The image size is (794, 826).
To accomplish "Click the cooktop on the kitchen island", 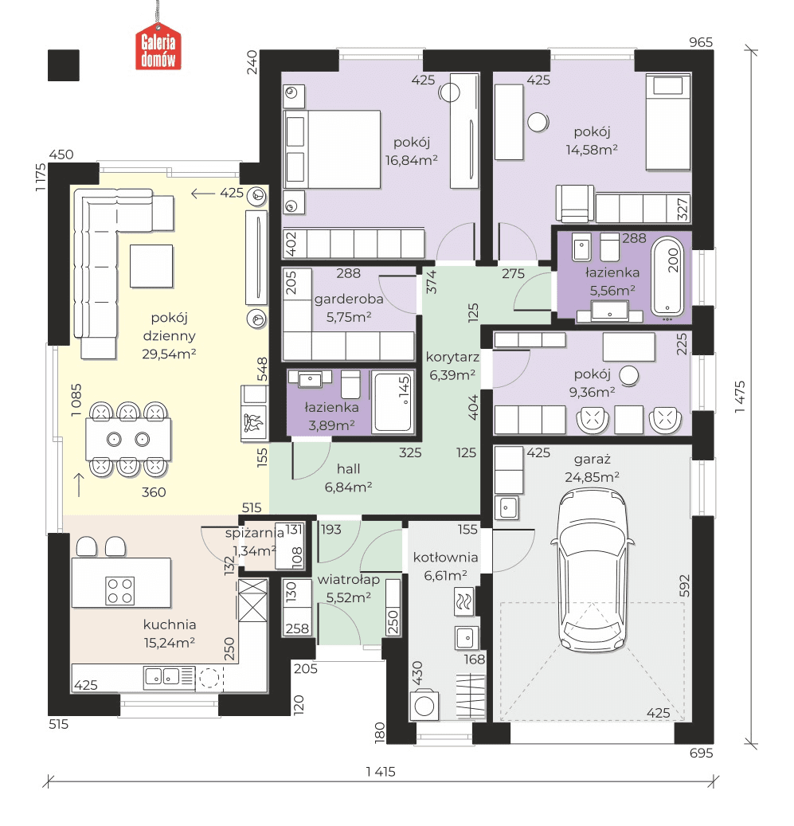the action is (120, 590).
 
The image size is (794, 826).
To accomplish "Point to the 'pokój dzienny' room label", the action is (169, 327).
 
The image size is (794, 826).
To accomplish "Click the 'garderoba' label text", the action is (349, 299).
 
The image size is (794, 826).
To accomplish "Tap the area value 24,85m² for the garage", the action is (592, 477).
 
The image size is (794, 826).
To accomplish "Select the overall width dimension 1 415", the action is (381, 772).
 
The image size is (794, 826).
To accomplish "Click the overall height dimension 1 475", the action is (740, 396).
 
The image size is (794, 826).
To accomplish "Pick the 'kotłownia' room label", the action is (445, 558).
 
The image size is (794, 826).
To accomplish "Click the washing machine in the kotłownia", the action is (424, 705).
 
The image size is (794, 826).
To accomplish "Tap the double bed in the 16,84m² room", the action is (332, 150).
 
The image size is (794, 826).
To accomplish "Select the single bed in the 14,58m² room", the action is (667, 122).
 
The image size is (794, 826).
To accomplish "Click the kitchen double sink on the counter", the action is (162, 677).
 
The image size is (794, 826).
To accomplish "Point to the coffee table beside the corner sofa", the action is (151, 266).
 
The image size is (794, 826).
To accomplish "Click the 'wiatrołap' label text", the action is (349, 580).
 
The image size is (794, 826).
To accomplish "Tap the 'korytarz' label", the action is (452, 357).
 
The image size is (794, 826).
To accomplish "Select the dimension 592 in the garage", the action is (684, 585).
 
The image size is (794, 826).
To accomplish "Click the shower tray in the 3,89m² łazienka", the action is (392, 401).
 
